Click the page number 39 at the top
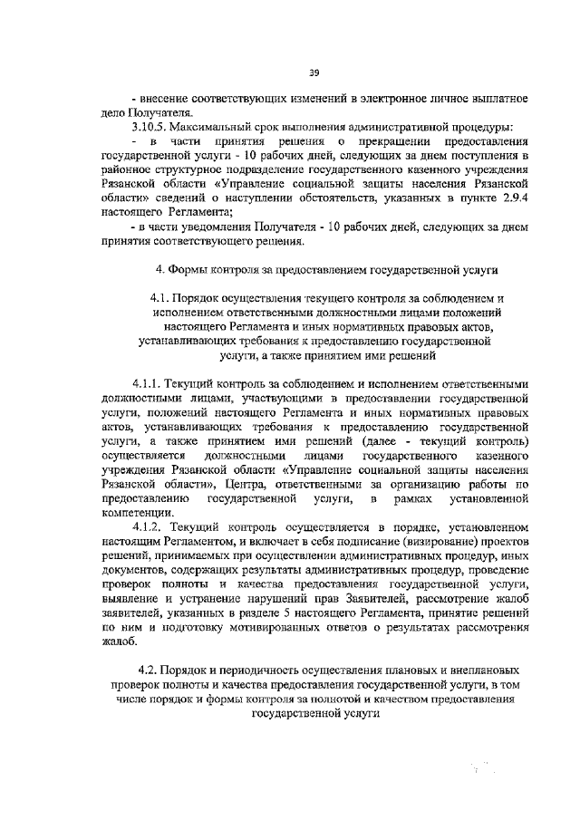click(314, 72)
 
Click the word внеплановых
click(489, 670)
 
